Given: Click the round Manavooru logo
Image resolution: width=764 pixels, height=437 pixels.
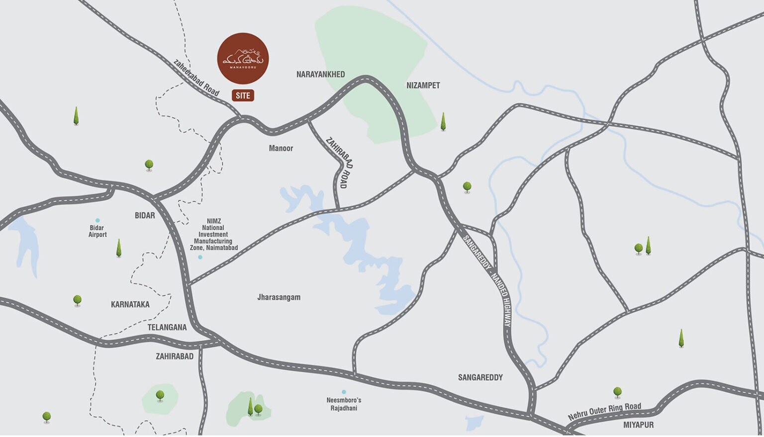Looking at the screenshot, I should click(243, 58).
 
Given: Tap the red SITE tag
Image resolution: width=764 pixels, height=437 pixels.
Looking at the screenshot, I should click(243, 95).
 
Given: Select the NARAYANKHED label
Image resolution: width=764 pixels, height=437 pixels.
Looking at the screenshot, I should click(320, 75).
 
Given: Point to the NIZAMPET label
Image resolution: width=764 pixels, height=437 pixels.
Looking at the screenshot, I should click(423, 86).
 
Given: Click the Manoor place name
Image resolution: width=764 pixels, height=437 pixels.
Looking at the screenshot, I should click(281, 148).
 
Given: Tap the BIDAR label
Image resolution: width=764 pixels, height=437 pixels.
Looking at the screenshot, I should click(145, 215).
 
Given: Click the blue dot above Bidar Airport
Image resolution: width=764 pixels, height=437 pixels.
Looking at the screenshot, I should click(97, 220).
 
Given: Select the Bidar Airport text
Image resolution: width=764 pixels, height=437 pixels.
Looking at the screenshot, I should click(97, 231).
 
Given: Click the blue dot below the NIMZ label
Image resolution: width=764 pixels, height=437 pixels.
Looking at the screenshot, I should click(200, 257).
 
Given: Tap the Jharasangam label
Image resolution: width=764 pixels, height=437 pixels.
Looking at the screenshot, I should click(279, 297).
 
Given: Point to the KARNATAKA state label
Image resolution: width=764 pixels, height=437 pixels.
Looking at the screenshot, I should click(130, 304).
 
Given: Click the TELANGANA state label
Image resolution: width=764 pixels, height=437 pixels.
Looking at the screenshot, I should click(167, 327).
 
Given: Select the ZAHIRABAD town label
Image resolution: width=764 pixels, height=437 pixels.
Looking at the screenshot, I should click(175, 356).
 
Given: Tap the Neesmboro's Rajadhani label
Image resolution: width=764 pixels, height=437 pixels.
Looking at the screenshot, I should click(344, 404).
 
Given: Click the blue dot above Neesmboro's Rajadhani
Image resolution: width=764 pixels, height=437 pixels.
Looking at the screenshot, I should click(343, 392).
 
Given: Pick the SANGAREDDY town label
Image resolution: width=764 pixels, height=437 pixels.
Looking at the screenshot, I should click(480, 377).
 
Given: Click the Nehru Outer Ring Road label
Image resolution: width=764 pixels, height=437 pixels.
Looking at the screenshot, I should click(604, 412).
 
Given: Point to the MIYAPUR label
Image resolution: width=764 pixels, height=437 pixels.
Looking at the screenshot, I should click(638, 425).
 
